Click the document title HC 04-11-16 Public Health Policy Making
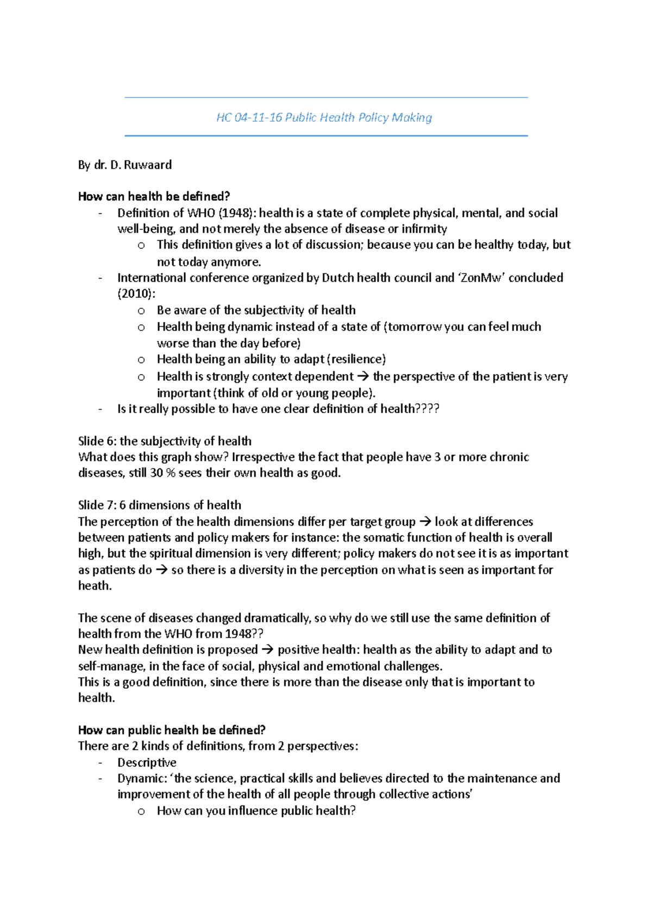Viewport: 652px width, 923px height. [324, 117]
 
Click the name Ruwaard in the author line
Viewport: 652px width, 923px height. [148, 165]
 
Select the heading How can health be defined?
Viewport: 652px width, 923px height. [154, 196]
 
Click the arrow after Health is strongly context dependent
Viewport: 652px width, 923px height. [363, 377]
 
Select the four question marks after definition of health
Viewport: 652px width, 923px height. [427, 409]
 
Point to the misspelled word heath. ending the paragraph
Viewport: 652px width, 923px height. [95, 586]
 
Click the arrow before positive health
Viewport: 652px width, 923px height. [268, 650]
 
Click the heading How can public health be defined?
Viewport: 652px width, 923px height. [172, 730]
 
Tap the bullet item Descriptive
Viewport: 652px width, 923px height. [147, 763]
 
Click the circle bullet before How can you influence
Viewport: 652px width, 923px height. [141, 812]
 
